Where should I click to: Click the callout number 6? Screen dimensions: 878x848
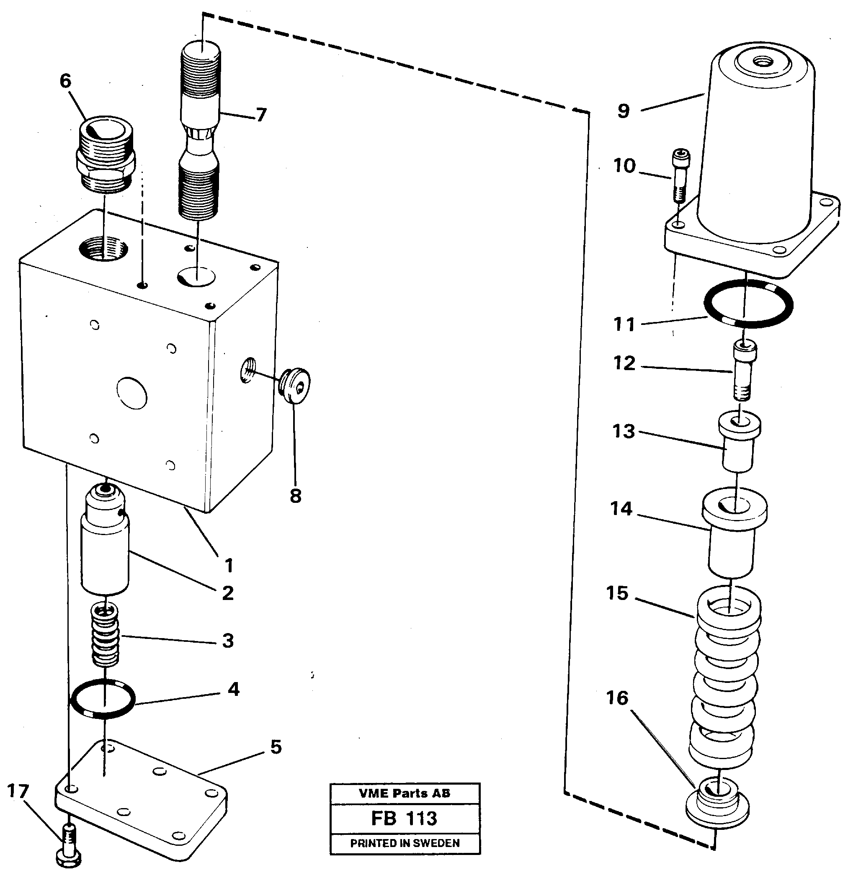point(65,81)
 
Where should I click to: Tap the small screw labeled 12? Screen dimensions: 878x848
point(744,370)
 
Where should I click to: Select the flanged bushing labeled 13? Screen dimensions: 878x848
point(739,441)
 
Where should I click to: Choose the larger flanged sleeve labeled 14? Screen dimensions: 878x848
point(733,533)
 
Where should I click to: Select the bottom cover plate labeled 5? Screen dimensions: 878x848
point(142,801)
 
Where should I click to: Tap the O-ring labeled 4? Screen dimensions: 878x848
point(103,699)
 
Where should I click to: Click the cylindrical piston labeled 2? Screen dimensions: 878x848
point(105,542)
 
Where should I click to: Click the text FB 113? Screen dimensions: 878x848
point(404,819)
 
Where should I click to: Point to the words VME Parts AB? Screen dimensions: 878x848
point(404,793)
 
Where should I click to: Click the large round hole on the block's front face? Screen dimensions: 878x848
point(132,392)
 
